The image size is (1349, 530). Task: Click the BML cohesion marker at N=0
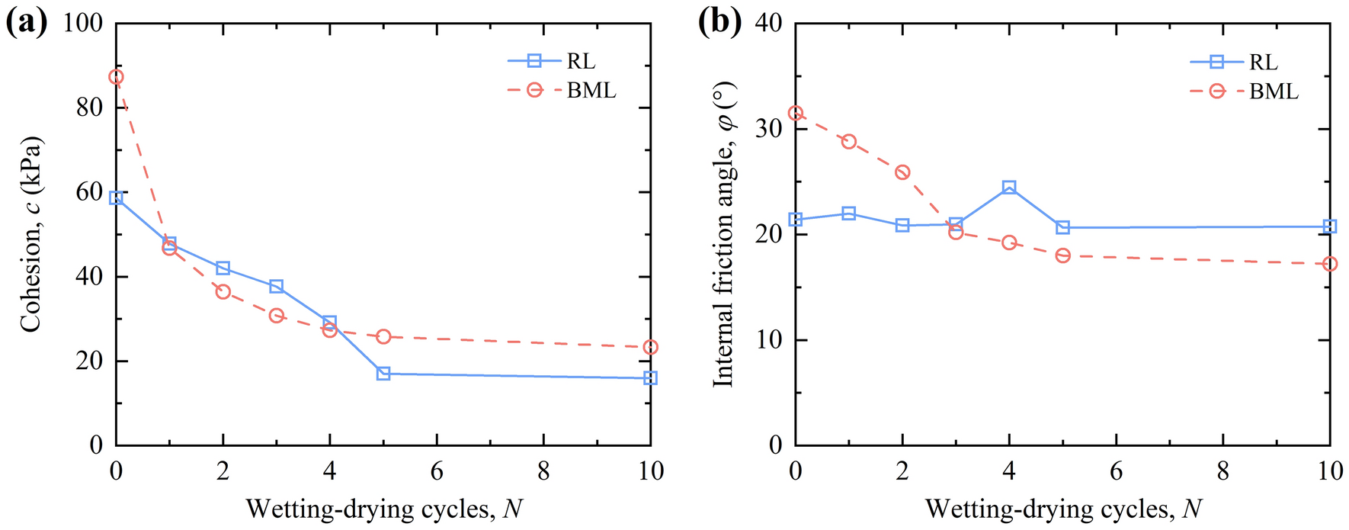[116, 77]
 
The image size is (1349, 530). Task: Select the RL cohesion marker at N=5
[383, 374]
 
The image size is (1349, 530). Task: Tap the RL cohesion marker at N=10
[650, 377]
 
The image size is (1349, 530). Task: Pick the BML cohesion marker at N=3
[277, 316]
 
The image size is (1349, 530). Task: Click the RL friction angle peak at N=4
[1009, 188]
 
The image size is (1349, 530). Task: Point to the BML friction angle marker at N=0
[796, 113]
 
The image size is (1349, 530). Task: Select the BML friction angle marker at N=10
[1330, 264]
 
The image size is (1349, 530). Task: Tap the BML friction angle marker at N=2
[902, 172]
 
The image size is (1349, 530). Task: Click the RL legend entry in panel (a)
[552, 61]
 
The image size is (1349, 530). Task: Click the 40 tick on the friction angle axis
[767, 23]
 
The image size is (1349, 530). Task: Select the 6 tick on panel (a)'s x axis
[437, 471]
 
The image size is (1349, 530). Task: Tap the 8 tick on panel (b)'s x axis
[1222, 471]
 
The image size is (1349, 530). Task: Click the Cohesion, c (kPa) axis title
[30, 235]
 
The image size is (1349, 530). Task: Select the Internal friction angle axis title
[723, 235]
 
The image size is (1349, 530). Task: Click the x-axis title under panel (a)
[383, 508]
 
